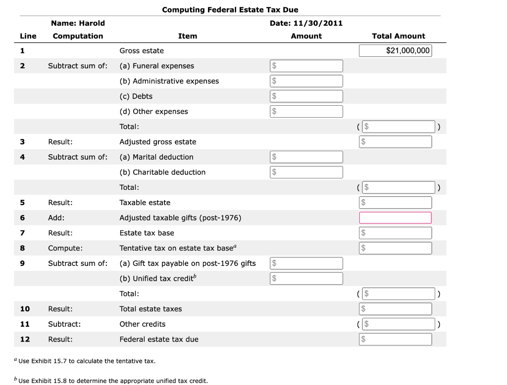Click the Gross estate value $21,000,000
[395, 50]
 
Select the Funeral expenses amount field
[306, 66]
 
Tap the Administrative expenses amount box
[306, 81]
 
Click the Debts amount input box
[306, 96]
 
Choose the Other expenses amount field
[306, 112]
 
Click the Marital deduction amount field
[306, 157]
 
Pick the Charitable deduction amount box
[306, 172]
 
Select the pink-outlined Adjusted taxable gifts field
[395, 218]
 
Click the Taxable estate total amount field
[395, 203]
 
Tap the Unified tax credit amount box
[306, 279]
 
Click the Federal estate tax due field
[395, 340]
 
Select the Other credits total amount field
[398, 324]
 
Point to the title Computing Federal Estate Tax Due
[230, 10]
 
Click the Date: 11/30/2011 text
[306, 23]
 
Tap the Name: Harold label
[78, 23]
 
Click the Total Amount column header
[398, 36]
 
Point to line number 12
[25, 340]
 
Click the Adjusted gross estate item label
[158, 142]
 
